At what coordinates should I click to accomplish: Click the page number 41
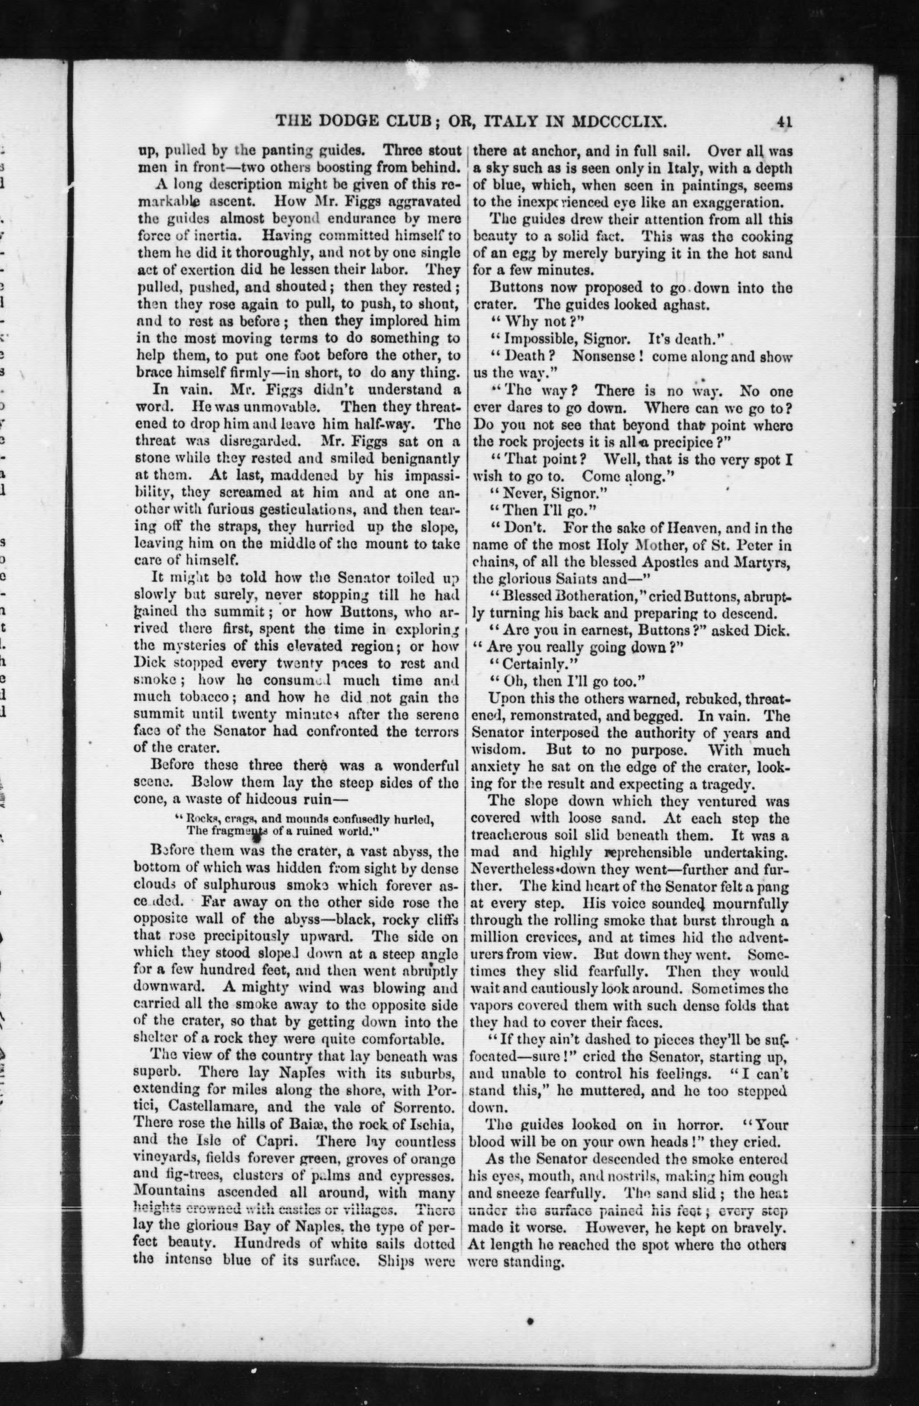(x=784, y=122)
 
